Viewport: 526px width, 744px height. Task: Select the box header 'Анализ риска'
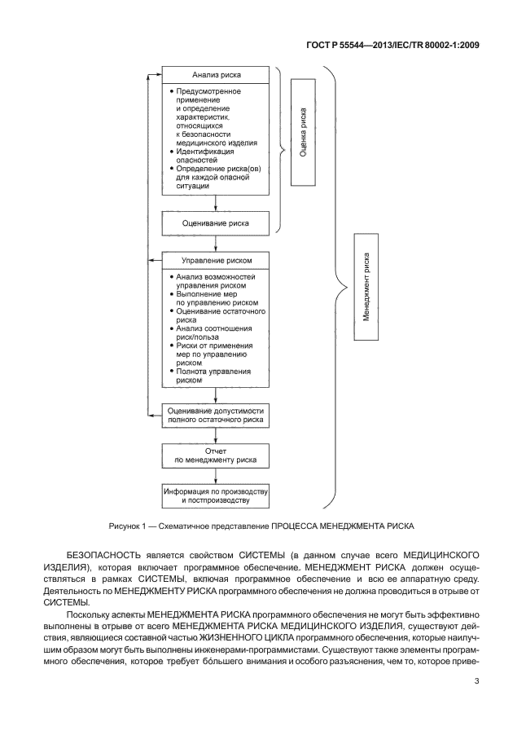pos(215,75)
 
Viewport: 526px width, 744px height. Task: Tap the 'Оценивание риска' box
pos(215,222)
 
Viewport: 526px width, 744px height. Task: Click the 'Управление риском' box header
pos(215,261)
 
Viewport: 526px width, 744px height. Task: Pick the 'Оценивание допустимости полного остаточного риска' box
pos(215,416)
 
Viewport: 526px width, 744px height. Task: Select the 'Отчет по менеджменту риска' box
pos(215,456)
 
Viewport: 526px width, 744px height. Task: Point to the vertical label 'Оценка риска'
pos(304,132)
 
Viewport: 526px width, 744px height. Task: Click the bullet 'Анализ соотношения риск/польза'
pos(209,333)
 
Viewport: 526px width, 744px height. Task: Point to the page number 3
pos(476,683)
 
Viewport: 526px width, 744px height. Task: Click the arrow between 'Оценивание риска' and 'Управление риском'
pos(215,242)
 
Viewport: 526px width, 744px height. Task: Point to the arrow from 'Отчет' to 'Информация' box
pos(215,476)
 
